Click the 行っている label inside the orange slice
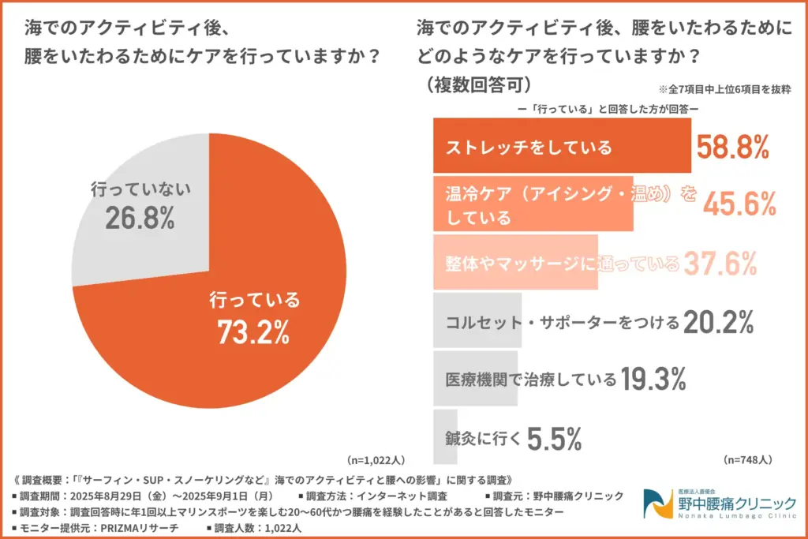coord(254,300)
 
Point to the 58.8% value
coord(732,147)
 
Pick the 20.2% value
coord(719,322)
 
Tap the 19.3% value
coord(652,380)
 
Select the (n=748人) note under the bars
coord(747,459)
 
